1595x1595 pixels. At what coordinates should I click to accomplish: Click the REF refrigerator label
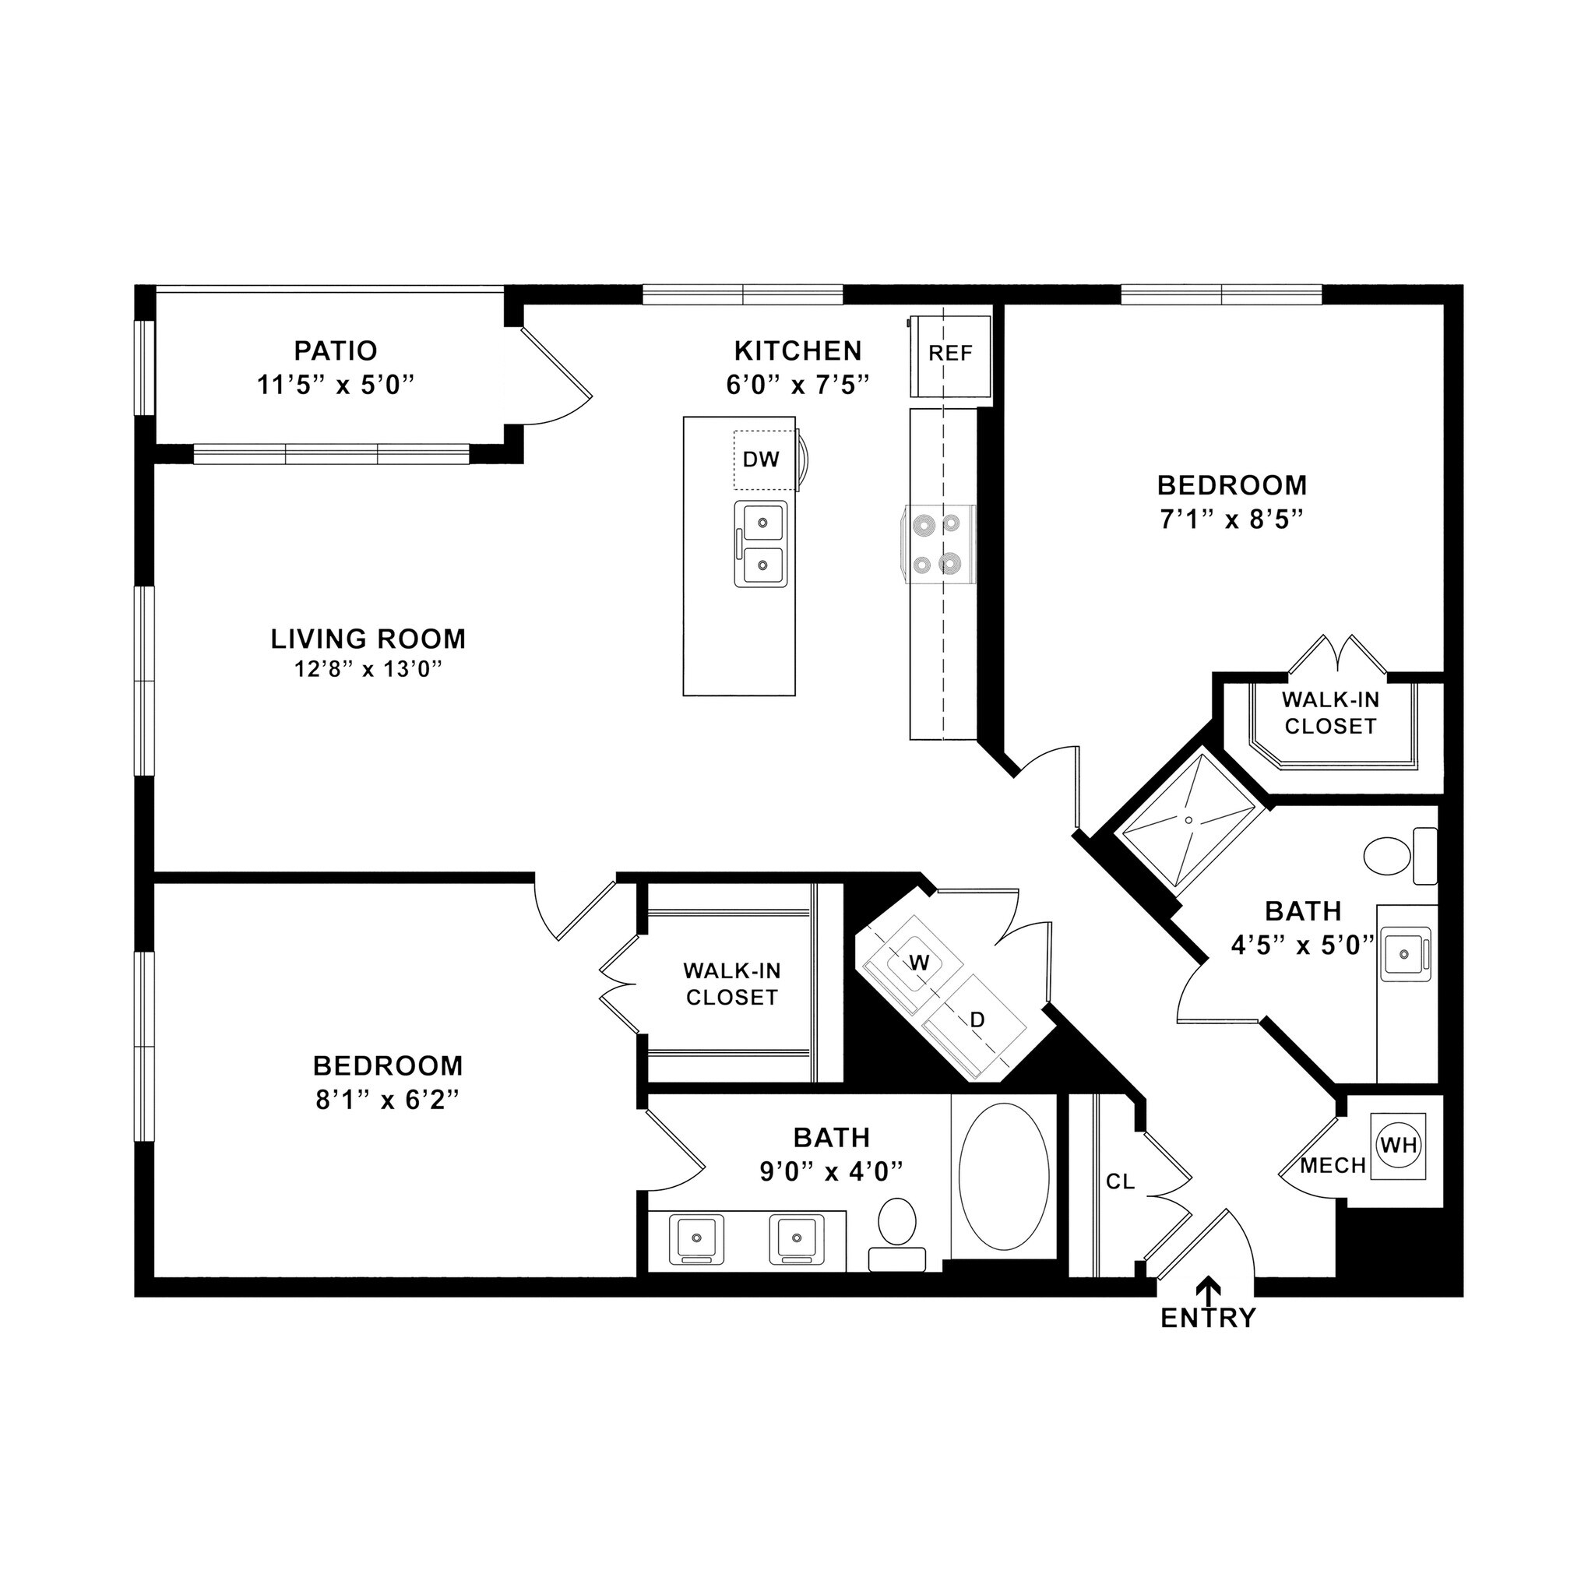[950, 354]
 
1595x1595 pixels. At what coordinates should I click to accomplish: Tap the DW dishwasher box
[760, 459]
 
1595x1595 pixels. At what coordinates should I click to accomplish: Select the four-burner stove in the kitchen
[941, 544]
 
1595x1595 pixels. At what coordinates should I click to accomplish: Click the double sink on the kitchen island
[760, 544]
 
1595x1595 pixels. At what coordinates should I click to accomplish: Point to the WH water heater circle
[1399, 1145]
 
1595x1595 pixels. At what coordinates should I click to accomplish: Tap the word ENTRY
[1208, 1319]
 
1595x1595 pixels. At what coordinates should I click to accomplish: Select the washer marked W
[919, 963]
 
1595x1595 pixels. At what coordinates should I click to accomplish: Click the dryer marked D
[977, 1020]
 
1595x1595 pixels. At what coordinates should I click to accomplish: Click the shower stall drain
[1188, 820]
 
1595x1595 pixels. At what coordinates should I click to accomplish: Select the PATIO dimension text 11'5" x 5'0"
[335, 385]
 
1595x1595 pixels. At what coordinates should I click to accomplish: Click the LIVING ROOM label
[368, 638]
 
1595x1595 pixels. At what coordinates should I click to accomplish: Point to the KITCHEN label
[797, 351]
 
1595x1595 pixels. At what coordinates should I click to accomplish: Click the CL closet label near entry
[1120, 1182]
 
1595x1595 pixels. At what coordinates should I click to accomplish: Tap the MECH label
[1333, 1166]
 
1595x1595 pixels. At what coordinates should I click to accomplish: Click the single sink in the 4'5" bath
[1404, 955]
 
